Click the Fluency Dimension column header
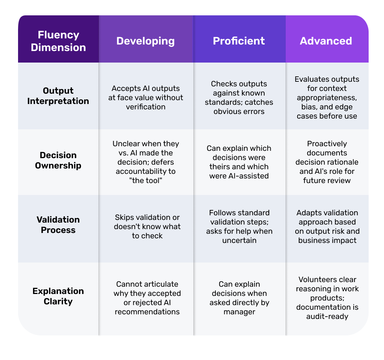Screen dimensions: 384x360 (58, 41)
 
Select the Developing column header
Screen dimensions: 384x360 (146, 41)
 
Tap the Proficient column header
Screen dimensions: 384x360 (239, 41)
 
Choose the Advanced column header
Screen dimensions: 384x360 (326, 41)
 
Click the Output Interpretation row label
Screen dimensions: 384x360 (58, 96)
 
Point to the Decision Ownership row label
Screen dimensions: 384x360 (58, 160)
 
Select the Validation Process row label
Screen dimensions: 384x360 (58, 225)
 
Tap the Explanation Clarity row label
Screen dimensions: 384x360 (58, 296)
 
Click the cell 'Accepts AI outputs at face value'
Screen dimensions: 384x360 (146, 97)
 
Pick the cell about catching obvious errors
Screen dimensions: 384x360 (239, 97)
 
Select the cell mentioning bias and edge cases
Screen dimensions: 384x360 (327, 97)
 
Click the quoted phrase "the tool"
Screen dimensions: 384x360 (146, 180)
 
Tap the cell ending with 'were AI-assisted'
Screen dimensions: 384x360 (239, 162)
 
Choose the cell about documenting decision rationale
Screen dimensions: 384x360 (327, 162)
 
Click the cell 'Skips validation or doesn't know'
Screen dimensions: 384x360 (147, 226)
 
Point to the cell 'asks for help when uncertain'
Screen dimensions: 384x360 (239, 226)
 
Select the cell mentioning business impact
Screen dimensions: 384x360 (327, 226)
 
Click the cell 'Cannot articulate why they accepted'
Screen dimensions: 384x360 (147, 298)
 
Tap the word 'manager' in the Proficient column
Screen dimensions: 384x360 (239, 312)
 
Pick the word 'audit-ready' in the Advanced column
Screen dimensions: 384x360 (327, 316)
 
